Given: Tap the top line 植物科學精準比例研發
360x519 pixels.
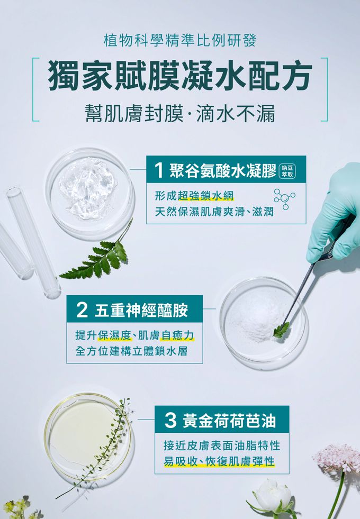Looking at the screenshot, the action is tap(180, 41).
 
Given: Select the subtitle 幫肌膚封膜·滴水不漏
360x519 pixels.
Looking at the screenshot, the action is tap(180, 114).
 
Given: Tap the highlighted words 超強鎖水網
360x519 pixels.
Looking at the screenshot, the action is tap(205, 196).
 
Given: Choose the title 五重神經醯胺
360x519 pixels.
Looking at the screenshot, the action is tap(141, 310).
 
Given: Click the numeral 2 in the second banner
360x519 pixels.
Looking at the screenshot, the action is tap(82, 310).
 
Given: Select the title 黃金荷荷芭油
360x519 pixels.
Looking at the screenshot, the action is tap(229, 421).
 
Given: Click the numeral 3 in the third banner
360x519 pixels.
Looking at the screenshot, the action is tap(170, 421).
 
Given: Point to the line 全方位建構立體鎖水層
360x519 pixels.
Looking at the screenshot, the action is tap(131, 351).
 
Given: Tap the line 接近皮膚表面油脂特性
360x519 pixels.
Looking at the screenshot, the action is tap(222, 445).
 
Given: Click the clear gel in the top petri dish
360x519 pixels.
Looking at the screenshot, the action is tap(88, 188).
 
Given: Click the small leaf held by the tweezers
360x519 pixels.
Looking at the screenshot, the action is tap(282, 330).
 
